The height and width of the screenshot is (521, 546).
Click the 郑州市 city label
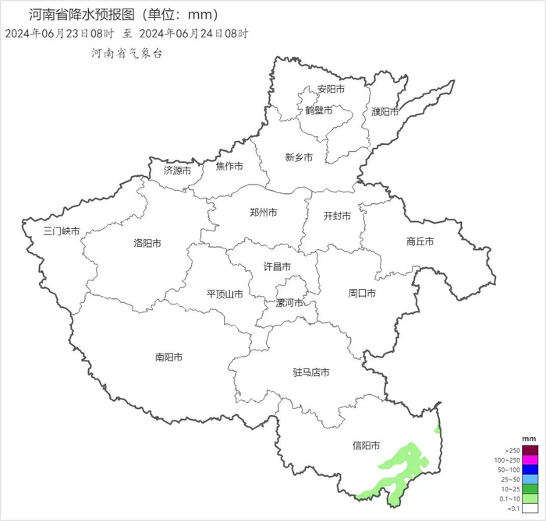263,213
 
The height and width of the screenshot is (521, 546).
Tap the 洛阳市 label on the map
147,244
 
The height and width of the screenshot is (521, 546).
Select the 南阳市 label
168,357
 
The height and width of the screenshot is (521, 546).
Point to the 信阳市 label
366,446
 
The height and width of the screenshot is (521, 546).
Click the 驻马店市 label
310,373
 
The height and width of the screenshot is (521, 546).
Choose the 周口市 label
362,294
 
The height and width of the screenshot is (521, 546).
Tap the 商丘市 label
420,242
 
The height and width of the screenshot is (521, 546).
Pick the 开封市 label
337,216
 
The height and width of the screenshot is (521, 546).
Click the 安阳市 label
331,90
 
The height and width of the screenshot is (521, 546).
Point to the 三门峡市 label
62,231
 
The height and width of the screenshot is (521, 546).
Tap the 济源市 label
177,170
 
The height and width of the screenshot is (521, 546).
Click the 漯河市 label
289,303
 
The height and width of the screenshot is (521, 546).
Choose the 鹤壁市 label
319,111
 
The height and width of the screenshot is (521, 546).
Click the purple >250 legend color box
530,450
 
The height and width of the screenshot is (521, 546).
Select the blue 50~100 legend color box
530,470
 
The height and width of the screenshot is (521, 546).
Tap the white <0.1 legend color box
530,508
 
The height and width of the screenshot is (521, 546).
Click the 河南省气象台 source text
127,54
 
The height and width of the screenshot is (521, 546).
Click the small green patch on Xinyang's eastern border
438,428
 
